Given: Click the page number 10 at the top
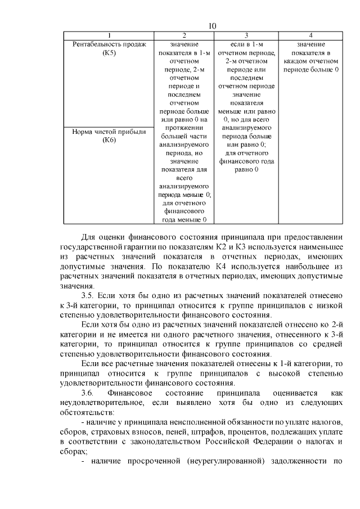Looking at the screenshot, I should point(212,26).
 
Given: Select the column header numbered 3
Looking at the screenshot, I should point(246,35).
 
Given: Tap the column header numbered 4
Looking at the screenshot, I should point(311,35).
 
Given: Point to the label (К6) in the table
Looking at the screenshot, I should point(109,140).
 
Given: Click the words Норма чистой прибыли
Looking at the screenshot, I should point(109,132).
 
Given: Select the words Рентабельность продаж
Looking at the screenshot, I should point(109,44).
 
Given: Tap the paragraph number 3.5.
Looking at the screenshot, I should point(90,295).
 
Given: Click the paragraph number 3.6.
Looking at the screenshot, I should point(90,392).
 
